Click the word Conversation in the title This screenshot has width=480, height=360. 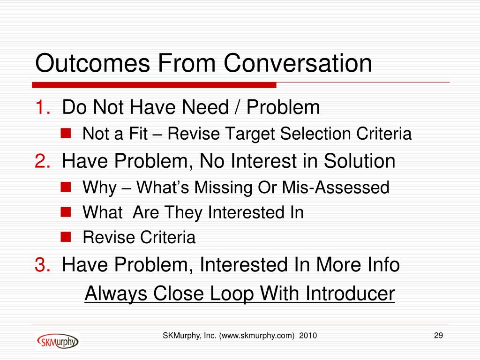[298, 63]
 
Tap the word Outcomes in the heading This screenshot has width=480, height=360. [92, 63]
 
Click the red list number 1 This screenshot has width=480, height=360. [43, 107]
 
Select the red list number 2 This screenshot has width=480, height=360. [43, 161]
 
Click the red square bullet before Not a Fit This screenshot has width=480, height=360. [66, 134]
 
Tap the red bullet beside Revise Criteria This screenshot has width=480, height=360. [66, 237]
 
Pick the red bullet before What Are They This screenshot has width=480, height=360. [66, 211]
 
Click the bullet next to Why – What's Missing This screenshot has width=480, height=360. [66, 187]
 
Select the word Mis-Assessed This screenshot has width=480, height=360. [336, 187]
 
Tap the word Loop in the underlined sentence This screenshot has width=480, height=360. [232, 294]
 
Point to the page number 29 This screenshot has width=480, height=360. [438, 336]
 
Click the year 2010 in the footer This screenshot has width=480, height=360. [308, 336]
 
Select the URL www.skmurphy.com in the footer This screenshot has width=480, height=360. [257, 336]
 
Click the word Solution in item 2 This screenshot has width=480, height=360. [360, 161]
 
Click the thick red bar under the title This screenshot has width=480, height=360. [154, 85]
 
